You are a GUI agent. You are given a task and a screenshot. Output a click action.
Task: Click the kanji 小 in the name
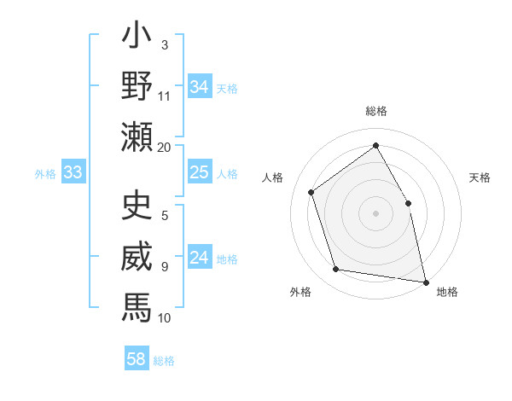click(x=137, y=38)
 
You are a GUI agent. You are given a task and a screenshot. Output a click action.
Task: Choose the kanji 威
click(x=137, y=256)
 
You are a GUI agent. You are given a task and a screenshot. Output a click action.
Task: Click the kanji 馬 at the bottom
click(x=137, y=305)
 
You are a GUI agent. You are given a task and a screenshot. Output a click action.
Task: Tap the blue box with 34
click(x=200, y=87)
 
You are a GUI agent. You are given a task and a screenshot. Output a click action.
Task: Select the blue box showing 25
click(x=200, y=173)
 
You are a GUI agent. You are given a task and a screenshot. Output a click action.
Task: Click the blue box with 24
click(x=200, y=259)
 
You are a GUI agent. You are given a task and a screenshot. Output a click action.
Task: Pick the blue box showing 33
click(x=73, y=173)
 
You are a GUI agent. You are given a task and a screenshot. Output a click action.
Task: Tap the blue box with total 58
click(x=137, y=359)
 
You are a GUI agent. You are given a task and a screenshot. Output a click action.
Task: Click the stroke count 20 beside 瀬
click(x=165, y=147)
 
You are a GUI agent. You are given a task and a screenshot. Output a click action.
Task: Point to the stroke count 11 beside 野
click(x=165, y=95)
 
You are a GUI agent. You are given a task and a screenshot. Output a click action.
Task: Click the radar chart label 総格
click(x=376, y=112)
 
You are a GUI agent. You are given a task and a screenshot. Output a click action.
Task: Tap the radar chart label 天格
click(x=480, y=177)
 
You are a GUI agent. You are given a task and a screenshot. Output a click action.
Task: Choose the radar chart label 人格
click(x=273, y=177)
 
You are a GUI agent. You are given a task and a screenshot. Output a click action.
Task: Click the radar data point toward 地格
click(x=426, y=281)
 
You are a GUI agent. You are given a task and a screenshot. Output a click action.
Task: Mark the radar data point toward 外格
click(x=336, y=270)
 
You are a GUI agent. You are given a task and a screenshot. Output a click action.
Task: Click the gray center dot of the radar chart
click(x=375, y=212)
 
